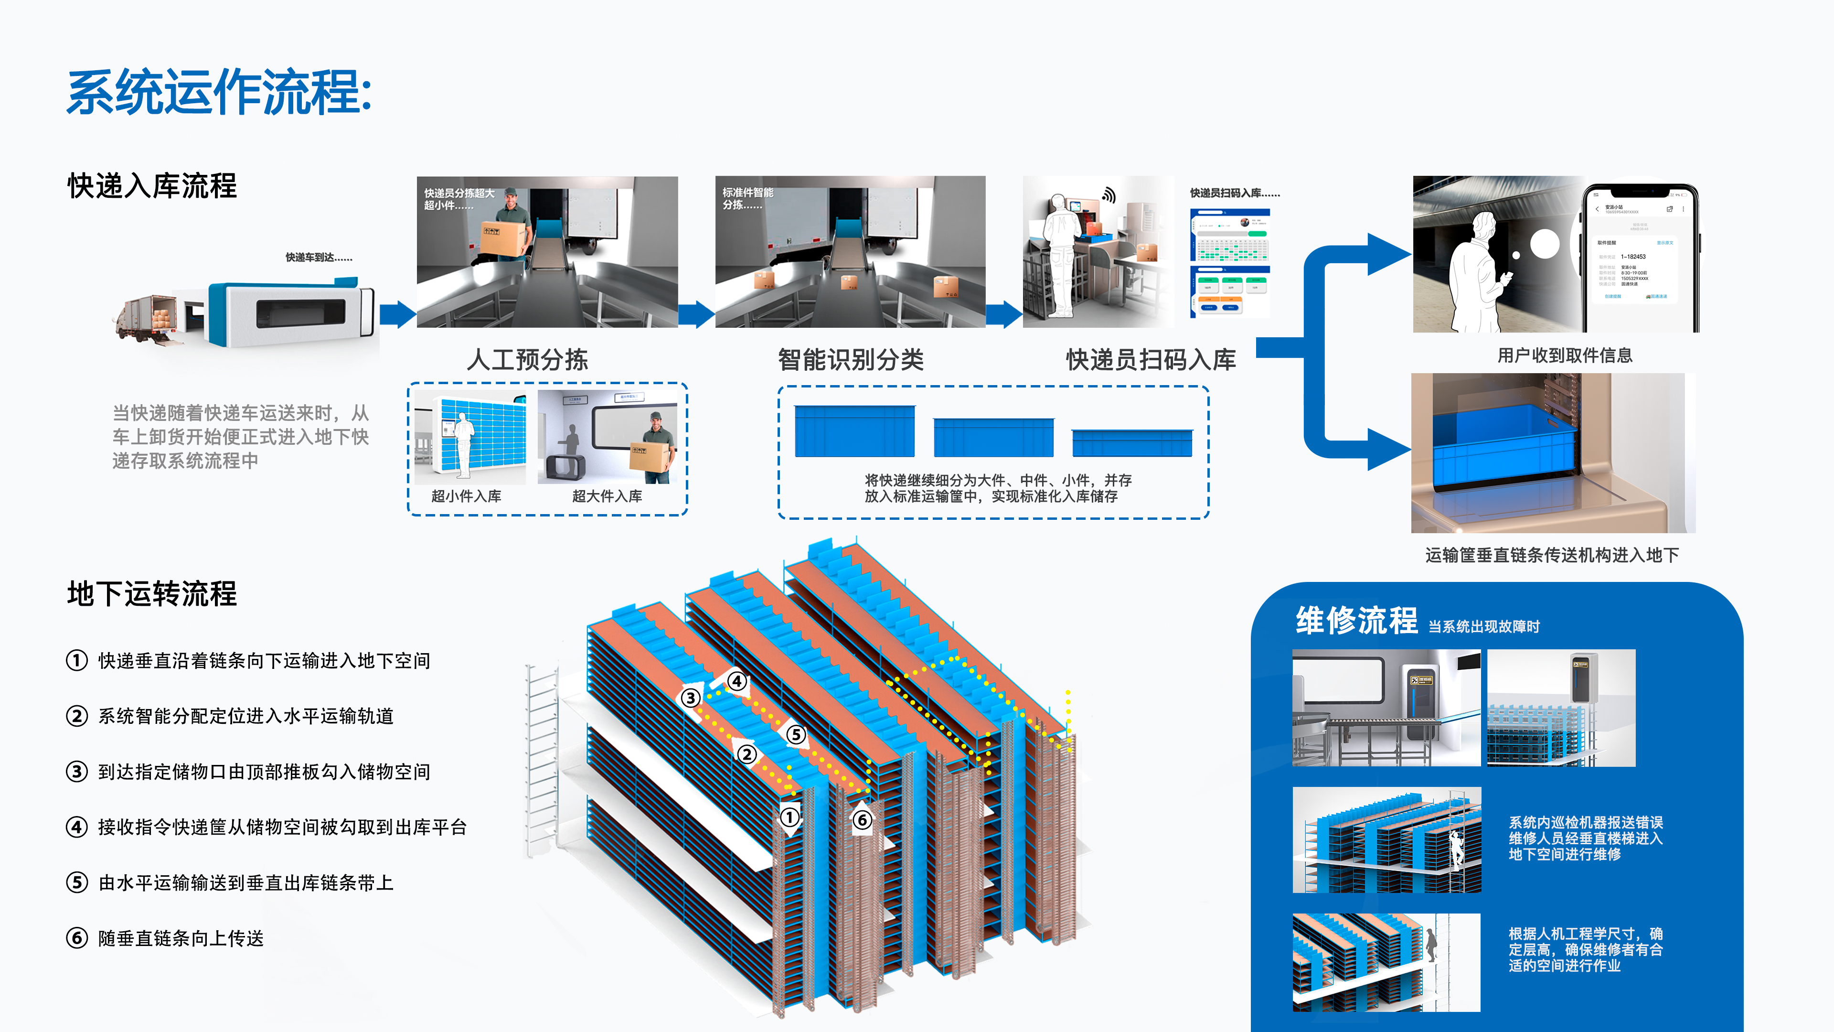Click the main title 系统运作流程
tap(219, 93)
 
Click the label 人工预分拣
tap(528, 360)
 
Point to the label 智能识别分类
tap(851, 360)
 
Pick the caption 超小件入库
tap(466, 496)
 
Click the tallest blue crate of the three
tap(854, 431)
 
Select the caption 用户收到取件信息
tap(1565, 355)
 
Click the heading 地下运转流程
tap(152, 594)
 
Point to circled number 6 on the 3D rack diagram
tap(862, 820)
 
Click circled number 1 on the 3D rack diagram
tap(789, 817)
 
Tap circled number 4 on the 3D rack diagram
tap(737, 682)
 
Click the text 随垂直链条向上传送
tap(181, 939)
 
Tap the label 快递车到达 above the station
tap(319, 257)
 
